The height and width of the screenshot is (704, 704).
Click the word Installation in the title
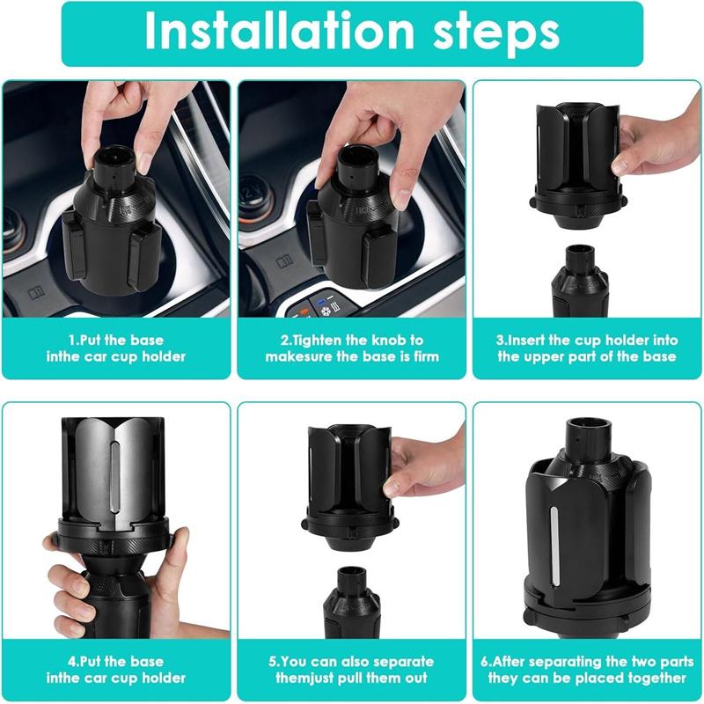click(x=279, y=32)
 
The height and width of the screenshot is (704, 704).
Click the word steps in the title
click(x=496, y=34)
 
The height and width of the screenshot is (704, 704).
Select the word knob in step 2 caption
click(x=384, y=340)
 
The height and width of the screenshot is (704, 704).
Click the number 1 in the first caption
click(x=71, y=341)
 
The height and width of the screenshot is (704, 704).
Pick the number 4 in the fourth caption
click(x=71, y=662)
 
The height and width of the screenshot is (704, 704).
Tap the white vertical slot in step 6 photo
click(x=554, y=546)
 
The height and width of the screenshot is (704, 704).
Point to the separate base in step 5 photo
click(x=351, y=603)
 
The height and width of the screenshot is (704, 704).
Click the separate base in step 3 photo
click(x=579, y=282)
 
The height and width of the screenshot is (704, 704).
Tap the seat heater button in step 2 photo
click(x=334, y=309)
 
